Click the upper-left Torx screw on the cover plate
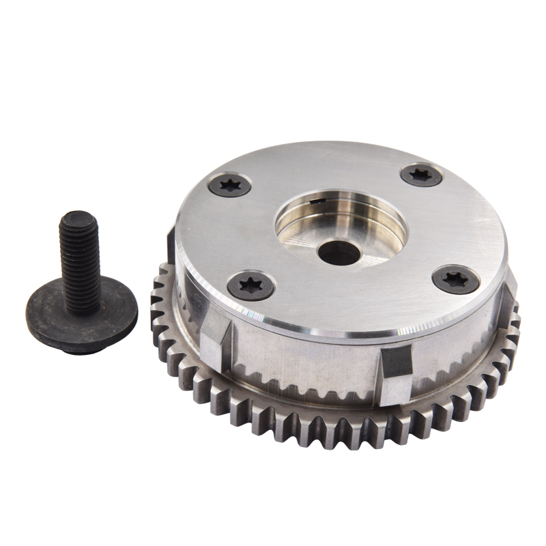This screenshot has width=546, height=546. pyautogui.click(x=229, y=184)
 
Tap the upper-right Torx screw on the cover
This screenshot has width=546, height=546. pyautogui.click(x=421, y=175)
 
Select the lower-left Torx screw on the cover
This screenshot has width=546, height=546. pyautogui.click(x=250, y=285)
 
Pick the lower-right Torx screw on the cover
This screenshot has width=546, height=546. pyautogui.click(x=456, y=278)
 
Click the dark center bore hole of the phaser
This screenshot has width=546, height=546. pyautogui.click(x=339, y=253)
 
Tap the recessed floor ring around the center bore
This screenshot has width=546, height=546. pyautogui.click(x=307, y=239)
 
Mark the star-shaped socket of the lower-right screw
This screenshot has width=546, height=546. pyautogui.click(x=456, y=278)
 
